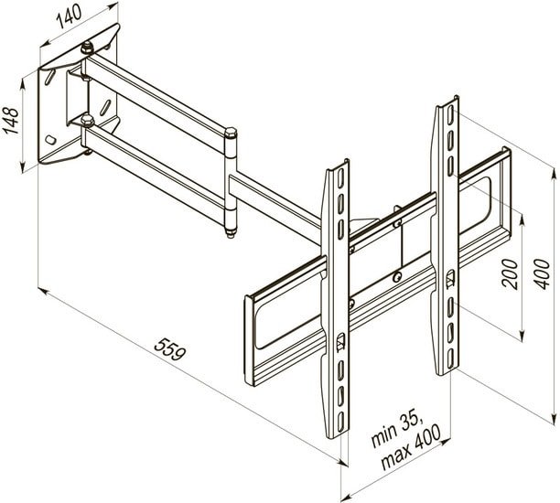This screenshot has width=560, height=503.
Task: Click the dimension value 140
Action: (x=70, y=17)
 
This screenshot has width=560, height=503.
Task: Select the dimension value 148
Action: (x=11, y=121)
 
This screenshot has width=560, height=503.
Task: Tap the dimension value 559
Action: (x=170, y=349)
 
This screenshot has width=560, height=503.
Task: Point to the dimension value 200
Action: (x=510, y=273)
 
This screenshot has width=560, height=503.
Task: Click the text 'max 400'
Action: (x=411, y=448)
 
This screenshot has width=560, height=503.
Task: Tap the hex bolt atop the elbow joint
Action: (x=231, y=133)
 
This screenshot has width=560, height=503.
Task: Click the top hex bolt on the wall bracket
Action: (x=87, y=48)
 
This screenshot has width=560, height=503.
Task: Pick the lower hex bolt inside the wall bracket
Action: (x=88, y=120)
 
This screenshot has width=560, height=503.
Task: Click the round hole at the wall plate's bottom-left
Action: (x=50, y=139)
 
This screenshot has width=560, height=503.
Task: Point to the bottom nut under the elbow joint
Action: (x=231, y=233)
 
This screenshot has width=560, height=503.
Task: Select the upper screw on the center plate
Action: (x=396, y=224)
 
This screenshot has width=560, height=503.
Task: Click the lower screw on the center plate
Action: (x=396, y=277)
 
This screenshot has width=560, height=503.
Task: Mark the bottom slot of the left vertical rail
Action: (x=340, y=421)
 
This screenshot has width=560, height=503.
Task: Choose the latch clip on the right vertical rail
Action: (x=451, y=278)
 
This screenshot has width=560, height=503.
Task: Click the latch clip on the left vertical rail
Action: (x=340, y=341)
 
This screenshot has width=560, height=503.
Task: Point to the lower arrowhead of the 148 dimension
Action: (x=23, y=167)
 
